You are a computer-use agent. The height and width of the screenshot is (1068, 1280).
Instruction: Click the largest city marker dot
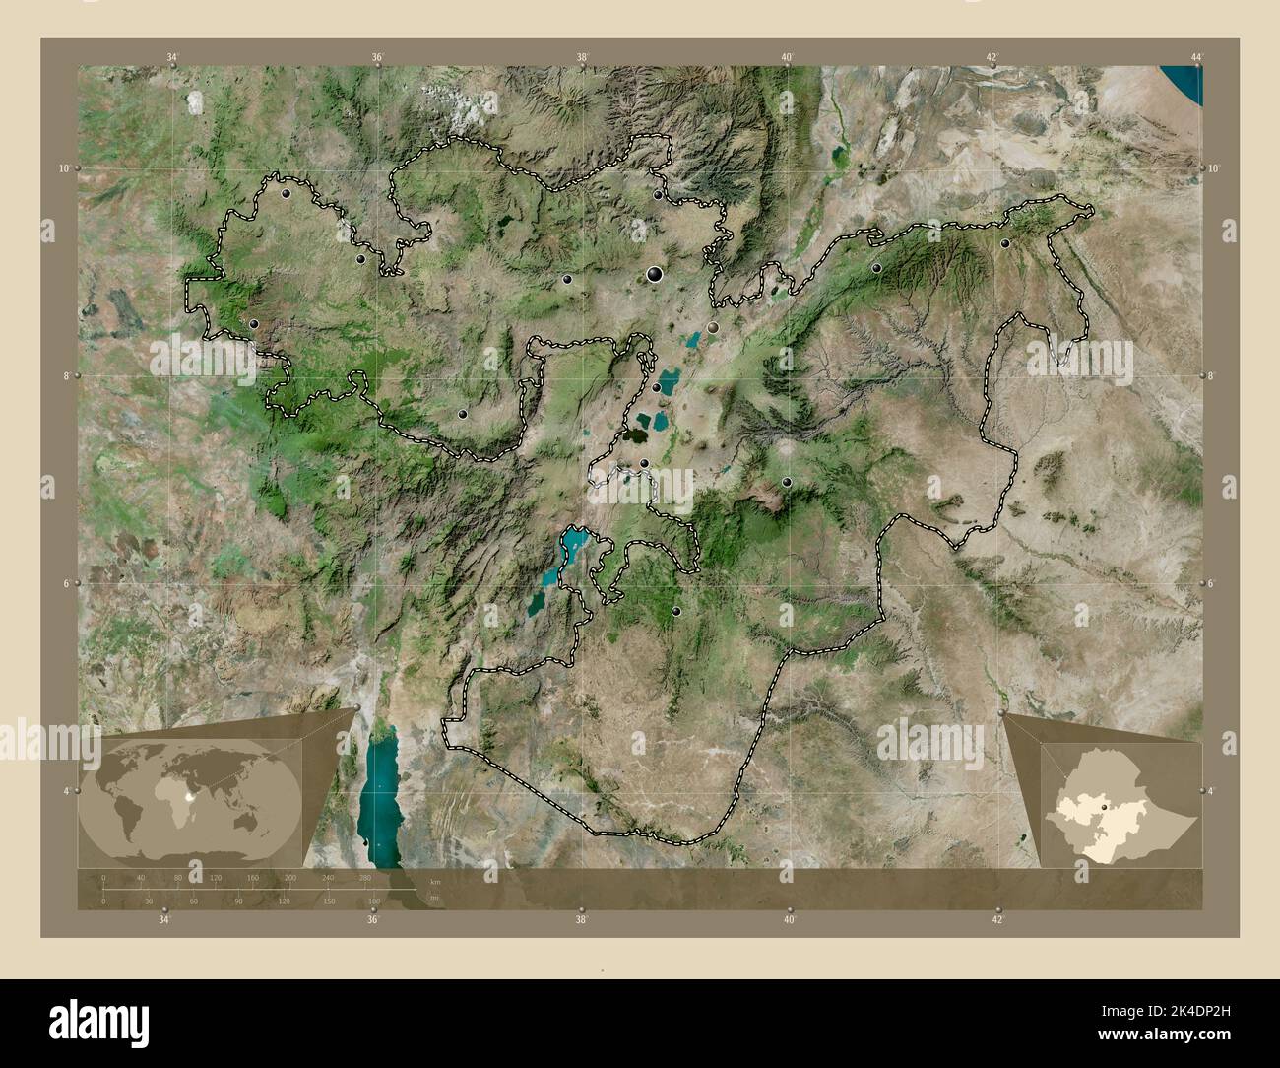pos(654,275)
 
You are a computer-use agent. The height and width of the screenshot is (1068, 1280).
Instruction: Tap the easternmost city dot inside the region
pos(1005,243)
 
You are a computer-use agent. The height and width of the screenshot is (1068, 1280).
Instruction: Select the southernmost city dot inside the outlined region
pos(675,612)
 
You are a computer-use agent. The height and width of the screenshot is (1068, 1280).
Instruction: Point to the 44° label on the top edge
pos(1195,58)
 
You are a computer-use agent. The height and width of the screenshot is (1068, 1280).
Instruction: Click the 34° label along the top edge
pos(173,58)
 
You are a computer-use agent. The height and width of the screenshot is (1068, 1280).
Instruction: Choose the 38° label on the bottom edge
pos(582,920)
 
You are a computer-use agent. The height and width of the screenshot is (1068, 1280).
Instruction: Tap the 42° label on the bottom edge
pos(997,920)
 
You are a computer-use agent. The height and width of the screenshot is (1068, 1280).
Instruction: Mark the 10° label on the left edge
pos(63,168)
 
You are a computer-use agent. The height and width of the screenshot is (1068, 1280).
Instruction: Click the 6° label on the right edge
pos(1213,584)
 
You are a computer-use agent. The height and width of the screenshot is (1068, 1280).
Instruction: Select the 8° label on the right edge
pos(1213,376)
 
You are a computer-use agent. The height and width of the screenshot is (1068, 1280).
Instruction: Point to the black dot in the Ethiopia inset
pos(1105,807)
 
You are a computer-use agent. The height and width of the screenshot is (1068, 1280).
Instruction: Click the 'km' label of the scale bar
pos(434,882)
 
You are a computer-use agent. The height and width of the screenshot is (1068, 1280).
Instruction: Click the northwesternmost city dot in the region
pos(286,195)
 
